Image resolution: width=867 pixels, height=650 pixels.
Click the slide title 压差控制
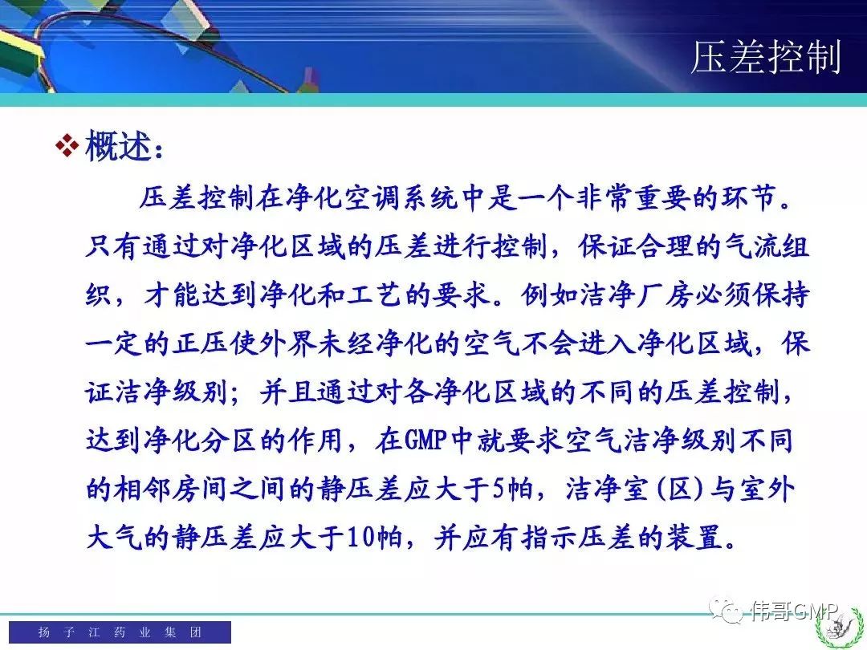tap(767, 57)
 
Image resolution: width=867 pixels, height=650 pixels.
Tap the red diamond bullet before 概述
tap(67, 146)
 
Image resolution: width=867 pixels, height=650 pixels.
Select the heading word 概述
tap(118, 146)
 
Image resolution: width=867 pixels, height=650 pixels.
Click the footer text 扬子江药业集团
tap(120, 632)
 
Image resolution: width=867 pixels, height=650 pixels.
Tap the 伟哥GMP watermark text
tap(794, 611)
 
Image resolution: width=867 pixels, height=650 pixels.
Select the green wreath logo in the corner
tap(841, 628)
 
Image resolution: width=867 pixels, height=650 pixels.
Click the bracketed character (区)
tap(680, 490)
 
